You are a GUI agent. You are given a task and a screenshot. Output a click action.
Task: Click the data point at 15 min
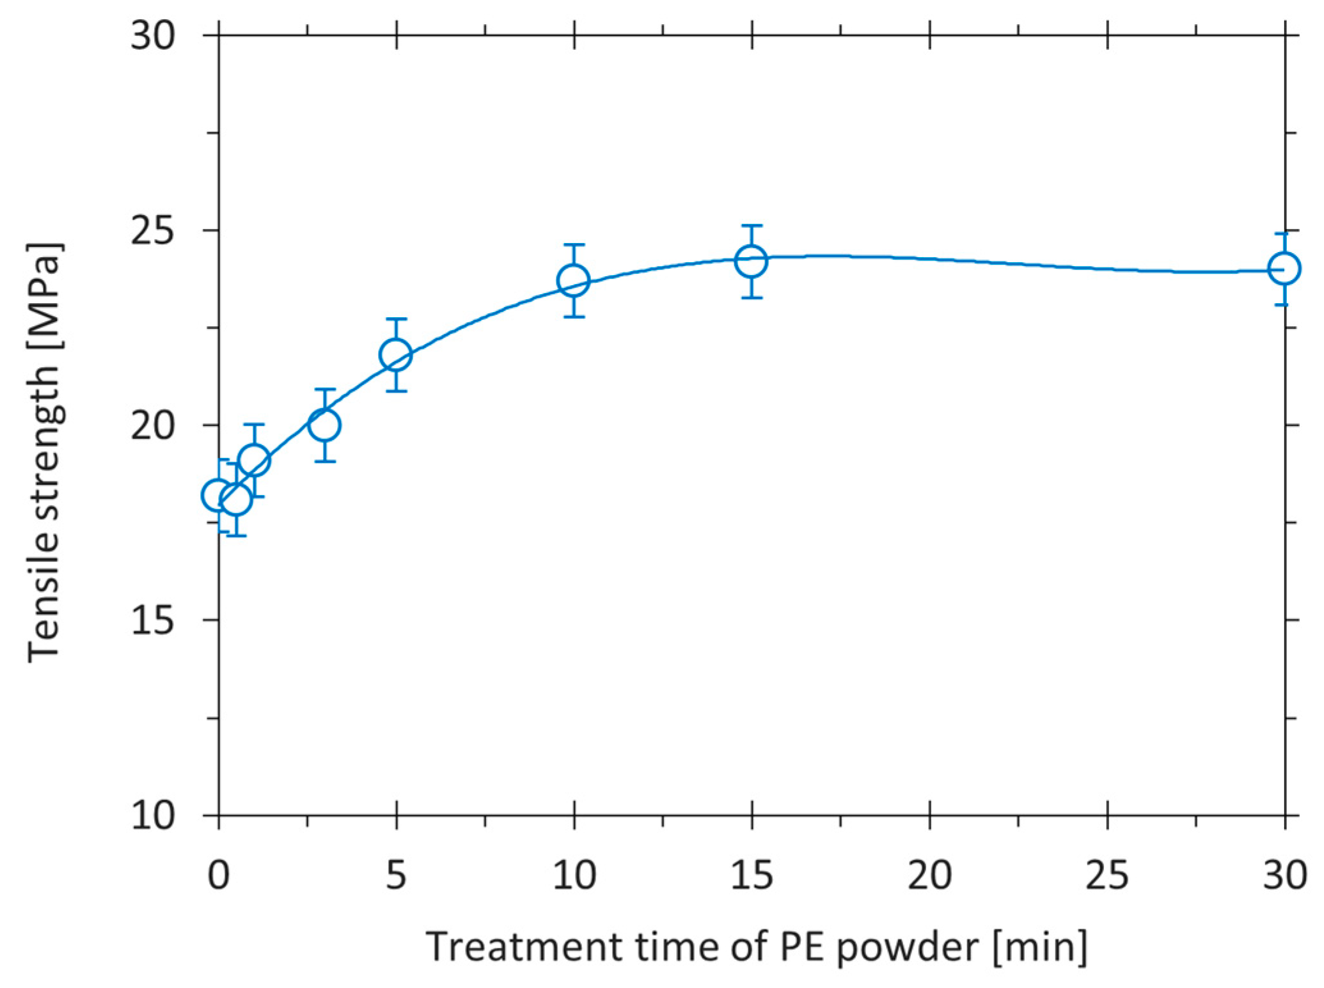click(752, 261)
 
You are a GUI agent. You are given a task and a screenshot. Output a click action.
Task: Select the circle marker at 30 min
click(1284, 269)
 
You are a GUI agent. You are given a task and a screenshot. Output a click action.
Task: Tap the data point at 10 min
click(574, 280)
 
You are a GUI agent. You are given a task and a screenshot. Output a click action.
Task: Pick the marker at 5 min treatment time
click(396, 354)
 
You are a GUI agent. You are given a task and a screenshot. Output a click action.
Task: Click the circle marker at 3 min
click(324, 425)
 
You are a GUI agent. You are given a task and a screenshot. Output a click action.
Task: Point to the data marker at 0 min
click(217, 495)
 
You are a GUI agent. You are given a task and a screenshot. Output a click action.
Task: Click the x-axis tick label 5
click(396, 875)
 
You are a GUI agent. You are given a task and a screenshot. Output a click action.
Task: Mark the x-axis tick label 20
click(929, 875)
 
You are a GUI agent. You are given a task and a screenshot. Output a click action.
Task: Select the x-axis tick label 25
click(1107, 875)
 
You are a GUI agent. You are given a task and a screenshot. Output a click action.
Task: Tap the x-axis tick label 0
click(218, 875)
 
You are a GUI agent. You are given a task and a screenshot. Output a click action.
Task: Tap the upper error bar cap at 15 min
click(752, 225)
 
